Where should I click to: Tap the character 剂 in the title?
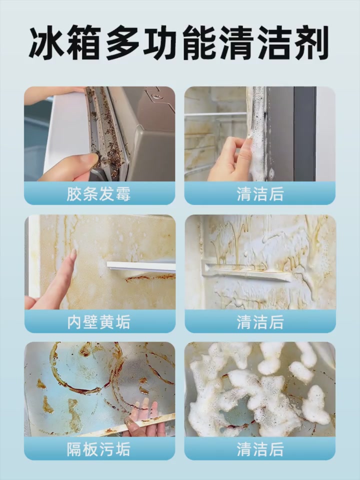[311, 44]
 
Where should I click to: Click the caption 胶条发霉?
[99, 194]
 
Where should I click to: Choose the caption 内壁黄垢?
[99, 322]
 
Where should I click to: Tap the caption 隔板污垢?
[99, 449]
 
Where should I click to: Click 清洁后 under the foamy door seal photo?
[260, 194]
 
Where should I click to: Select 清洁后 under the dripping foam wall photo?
[260, 322]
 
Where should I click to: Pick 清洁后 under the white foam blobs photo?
[260, 449]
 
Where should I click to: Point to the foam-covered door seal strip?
[258, 135]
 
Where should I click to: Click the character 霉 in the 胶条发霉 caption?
[123, 194]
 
